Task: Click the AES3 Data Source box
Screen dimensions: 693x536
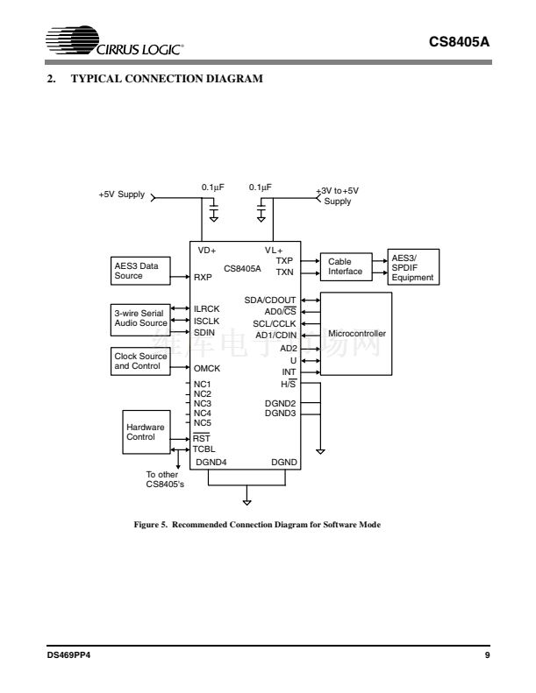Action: [139, 271]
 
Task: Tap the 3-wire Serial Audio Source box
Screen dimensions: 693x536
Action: [139, 318]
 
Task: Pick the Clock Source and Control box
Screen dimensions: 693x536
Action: [139, 361]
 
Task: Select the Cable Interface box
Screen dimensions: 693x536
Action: [345, 266]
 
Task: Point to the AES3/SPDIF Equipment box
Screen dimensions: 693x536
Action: [412, 266]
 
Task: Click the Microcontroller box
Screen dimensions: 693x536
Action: [356, 334]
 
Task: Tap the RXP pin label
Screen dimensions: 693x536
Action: [203, 277]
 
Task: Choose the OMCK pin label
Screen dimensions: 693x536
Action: [207, 369]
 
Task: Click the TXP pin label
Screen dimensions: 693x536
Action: [284, 260]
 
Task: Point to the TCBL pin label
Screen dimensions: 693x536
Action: [204, 449]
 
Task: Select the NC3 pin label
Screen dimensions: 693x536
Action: [203, 403]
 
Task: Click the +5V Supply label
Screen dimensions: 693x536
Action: [121, 194]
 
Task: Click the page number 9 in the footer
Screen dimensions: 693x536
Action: [486, 655]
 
